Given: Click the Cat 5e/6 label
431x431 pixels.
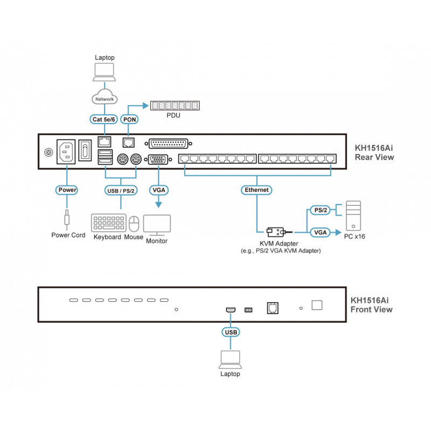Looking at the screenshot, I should pos(103,120).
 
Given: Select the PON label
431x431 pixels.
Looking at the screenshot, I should pos(129,120).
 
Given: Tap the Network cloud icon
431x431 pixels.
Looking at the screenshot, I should pos(103,99).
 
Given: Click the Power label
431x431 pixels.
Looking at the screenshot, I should pos(67,190).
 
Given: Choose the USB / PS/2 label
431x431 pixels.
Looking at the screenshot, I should pos(120,190).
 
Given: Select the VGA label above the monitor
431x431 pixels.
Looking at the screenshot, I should pos(159,190).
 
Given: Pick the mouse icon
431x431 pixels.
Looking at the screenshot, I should pos(134,224).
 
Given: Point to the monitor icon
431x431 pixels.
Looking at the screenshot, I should pos(157,225).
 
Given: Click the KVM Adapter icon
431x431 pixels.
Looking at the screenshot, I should pos(275,232).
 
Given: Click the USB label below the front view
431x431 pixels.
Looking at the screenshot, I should pos(230,332).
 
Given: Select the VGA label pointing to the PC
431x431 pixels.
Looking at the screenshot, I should pos(318,232).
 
